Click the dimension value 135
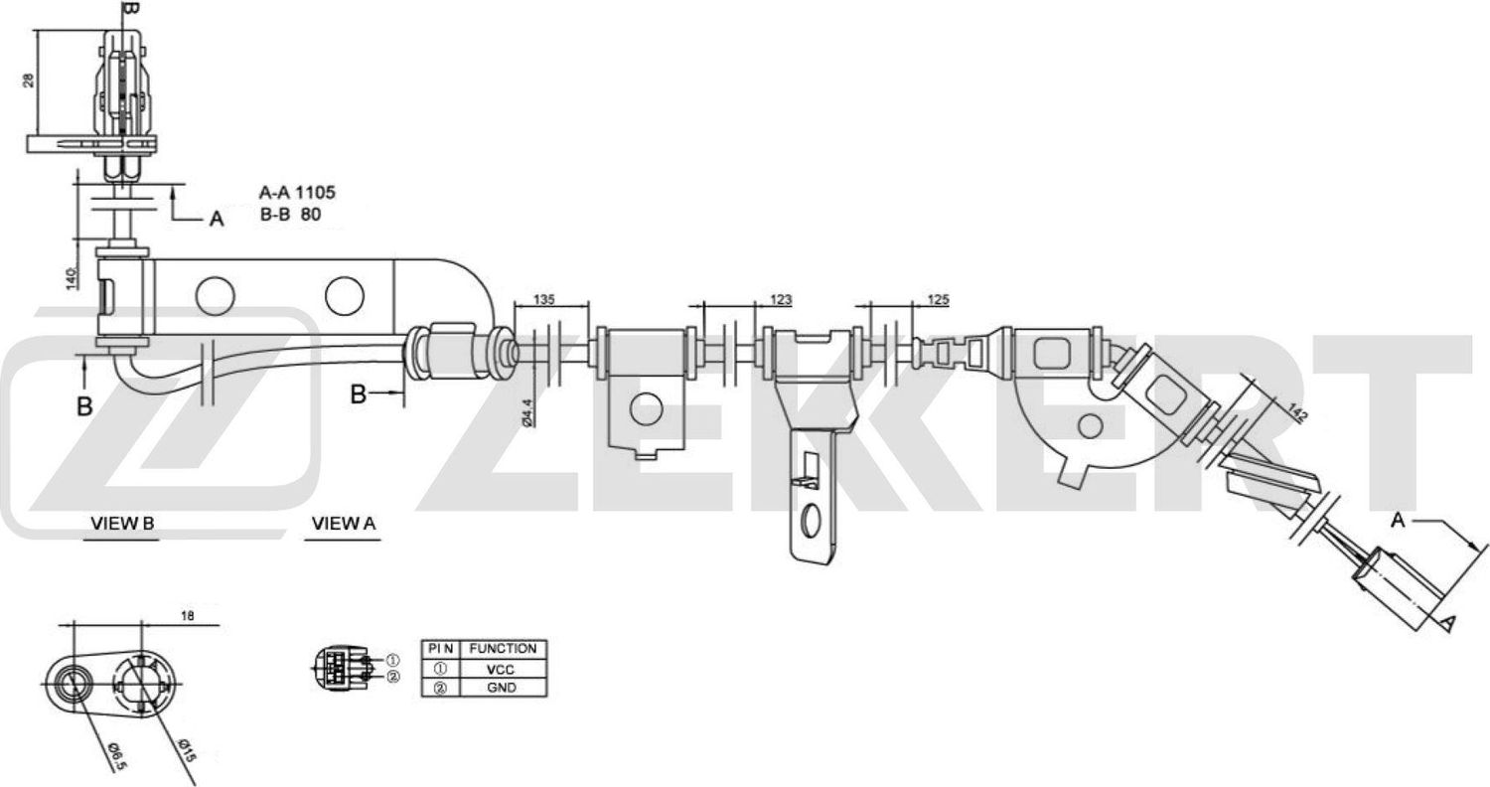click(x=544, y=299)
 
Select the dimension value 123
click(x=781, y=299)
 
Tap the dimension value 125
click(x=937, y=299)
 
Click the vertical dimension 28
click(x=29, y=79)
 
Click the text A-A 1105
click(x=290, y=193)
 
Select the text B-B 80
click(x=289, y=213)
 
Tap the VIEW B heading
click(x=122, y=523)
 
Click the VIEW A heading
click(x=344, y=523)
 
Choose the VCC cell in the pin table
click(x=502, y=669)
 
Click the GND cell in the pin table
click(x=502, y=687)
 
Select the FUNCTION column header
click(x=503, y=649)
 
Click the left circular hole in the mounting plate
click(x=213, y=294)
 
